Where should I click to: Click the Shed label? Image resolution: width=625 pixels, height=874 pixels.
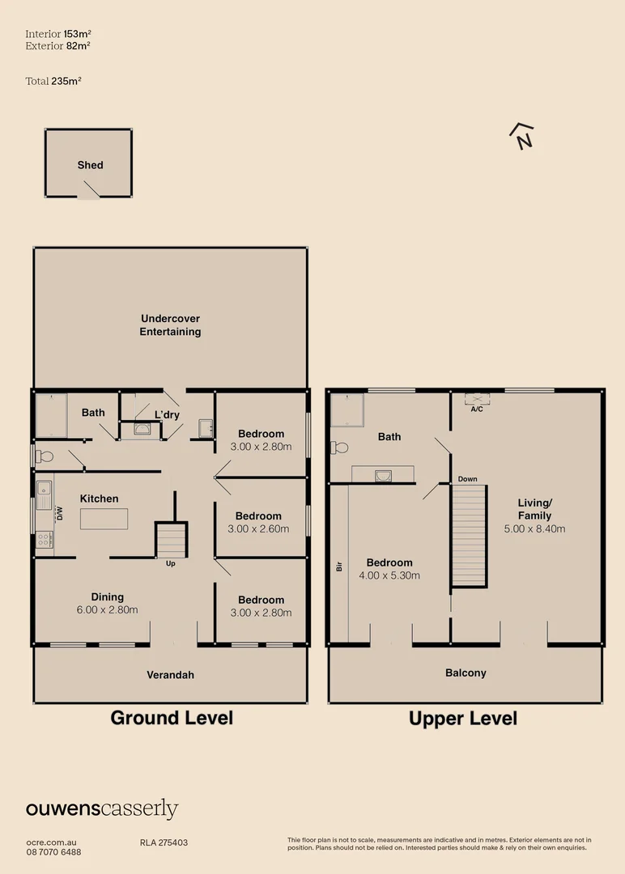90,165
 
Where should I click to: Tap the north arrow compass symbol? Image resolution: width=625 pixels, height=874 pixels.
523,137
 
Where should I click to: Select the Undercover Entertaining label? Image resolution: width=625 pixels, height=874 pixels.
170,325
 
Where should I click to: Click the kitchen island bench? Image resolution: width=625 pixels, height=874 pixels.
104,518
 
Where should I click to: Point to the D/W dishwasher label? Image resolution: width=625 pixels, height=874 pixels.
59,513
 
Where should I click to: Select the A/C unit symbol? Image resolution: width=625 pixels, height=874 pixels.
477,399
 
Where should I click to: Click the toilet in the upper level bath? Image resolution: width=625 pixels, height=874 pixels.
339,447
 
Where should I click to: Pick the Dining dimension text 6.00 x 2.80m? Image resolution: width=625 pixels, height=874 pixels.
107,609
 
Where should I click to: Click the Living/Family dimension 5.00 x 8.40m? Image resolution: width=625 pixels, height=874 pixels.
534,528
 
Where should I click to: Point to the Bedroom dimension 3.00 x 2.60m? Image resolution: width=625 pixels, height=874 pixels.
258,529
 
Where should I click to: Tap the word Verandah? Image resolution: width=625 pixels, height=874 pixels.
170,675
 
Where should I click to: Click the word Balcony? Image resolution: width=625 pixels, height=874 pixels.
466,673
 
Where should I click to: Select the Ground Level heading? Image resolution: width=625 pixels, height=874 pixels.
172,718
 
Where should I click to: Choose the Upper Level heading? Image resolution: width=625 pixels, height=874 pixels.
463,719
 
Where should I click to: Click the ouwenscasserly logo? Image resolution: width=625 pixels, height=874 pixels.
102,808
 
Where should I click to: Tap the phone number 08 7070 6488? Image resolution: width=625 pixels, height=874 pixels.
53,852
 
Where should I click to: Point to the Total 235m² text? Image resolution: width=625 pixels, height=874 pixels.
53,81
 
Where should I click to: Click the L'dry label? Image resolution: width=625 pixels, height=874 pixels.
167,415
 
